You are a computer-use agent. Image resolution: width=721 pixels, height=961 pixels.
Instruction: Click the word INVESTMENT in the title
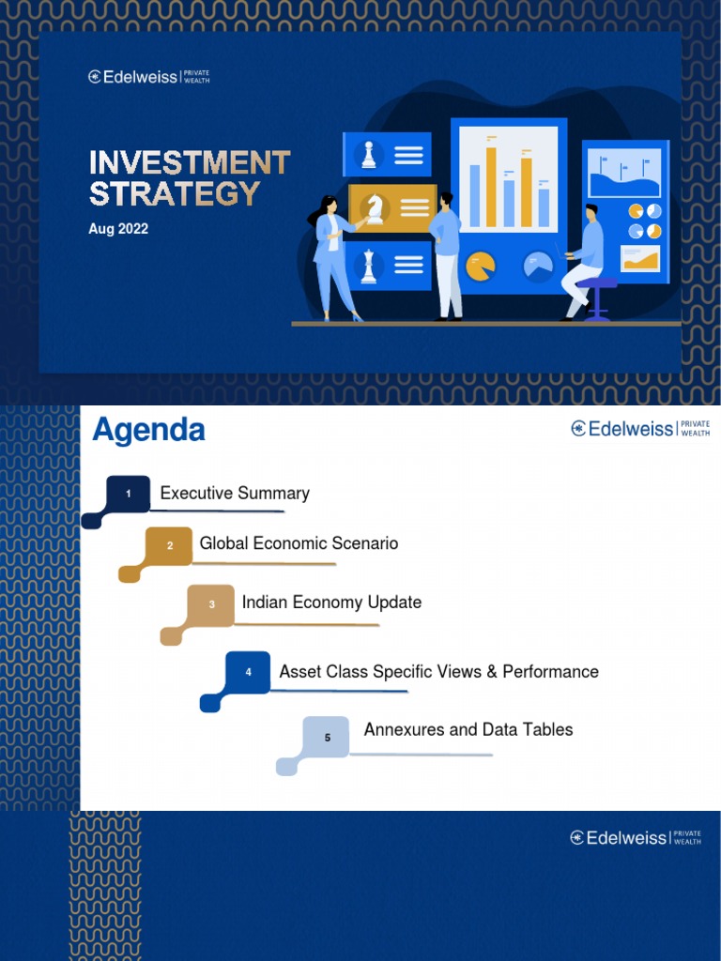pos(190,162)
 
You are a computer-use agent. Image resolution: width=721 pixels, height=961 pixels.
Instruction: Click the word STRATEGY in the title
pos(175,193)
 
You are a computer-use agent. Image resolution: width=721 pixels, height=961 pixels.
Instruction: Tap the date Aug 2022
pos(118,229)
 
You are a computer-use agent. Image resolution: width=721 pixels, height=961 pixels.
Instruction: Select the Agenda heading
pos(148,431)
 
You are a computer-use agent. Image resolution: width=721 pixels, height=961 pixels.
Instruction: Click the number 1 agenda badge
pos(129,494)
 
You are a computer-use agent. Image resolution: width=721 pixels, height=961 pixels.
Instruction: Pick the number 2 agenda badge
pos(170,545)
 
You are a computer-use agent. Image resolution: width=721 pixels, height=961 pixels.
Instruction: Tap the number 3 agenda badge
pos(212,603)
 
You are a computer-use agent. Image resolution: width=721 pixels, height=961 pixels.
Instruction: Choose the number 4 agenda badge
pos(249,672)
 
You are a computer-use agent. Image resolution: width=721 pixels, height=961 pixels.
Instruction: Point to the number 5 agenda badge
pos(327,737)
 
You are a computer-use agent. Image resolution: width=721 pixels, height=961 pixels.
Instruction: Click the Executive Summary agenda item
pos(235,494)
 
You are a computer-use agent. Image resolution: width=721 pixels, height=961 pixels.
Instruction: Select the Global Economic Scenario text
pos(299,543)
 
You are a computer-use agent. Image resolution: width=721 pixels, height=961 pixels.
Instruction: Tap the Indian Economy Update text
pos(331,603)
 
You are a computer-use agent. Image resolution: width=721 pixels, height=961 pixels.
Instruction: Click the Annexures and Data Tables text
pos(468,730)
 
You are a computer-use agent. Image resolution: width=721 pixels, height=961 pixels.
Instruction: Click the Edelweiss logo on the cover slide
pos(149,77)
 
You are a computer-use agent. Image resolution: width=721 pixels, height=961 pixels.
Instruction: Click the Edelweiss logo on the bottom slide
pos(636,838)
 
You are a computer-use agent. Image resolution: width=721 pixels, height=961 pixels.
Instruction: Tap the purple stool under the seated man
pos(597,297)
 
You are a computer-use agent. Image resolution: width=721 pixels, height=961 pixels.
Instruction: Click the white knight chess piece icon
pos(376,208)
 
